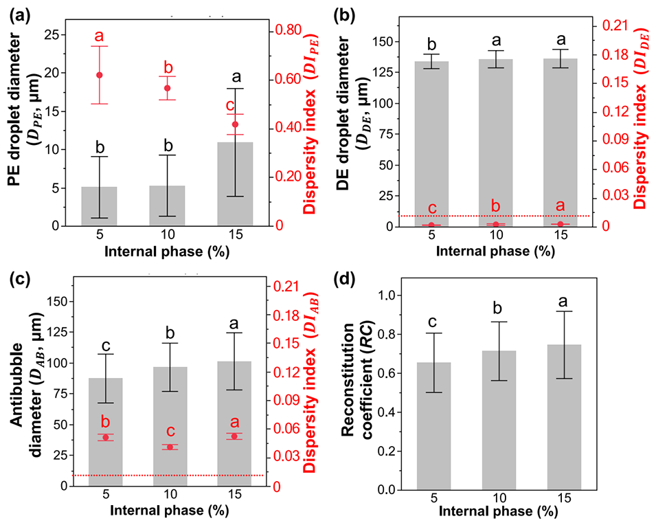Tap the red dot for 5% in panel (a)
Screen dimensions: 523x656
tap(99, 75)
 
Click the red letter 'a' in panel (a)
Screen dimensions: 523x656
tap(99, 36)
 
